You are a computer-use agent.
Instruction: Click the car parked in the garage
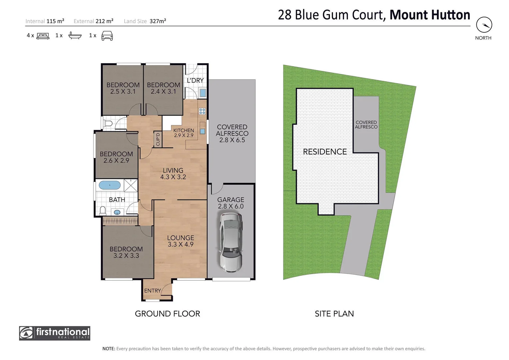pyautogui.click(x=230, y=242)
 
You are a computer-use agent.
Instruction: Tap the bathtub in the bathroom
pyautogui.click(x=110, y=185)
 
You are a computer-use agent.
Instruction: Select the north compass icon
pyautogui.click(x=484, y=25)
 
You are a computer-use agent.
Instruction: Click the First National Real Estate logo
pyautogui.click(x=55, y=333)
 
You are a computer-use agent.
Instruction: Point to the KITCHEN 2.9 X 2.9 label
pyautogui.click(x=183, y=133)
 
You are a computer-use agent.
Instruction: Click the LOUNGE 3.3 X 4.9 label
pyautogui.click(x=180, y=241)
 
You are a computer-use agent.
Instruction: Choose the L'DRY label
pyautogui.click(x=195, y=80)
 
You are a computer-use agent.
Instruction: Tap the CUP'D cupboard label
pyautogui.click(x=158, y=139)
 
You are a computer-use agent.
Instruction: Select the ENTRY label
pyautogui.click(x=152, y=291)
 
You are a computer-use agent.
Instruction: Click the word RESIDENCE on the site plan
pyautogui.click(x=325, y=152)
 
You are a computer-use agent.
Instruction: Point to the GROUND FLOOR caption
pyautogui.click(x=167, y=314)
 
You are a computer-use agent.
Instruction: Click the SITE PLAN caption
pyautogui.click(x=334, y=314)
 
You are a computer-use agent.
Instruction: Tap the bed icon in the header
pyautogui.click(x=43, y=36)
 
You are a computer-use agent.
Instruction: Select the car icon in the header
pyautogui.click(x=107, y=36)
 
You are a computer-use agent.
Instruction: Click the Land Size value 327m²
pyautogui.click(x=158, y=21)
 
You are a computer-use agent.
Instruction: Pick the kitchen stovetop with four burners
pyautogui.click(x=202, y=111)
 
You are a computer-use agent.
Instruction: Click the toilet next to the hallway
pyautogui.click(x=107, y=123)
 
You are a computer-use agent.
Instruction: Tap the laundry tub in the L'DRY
pyautogui.click(x=202, y=93)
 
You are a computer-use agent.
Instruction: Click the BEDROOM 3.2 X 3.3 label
pyautogui.click(x=126, y=252)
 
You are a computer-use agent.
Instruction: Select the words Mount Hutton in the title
pyautogui.click(x=430, y=15)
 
